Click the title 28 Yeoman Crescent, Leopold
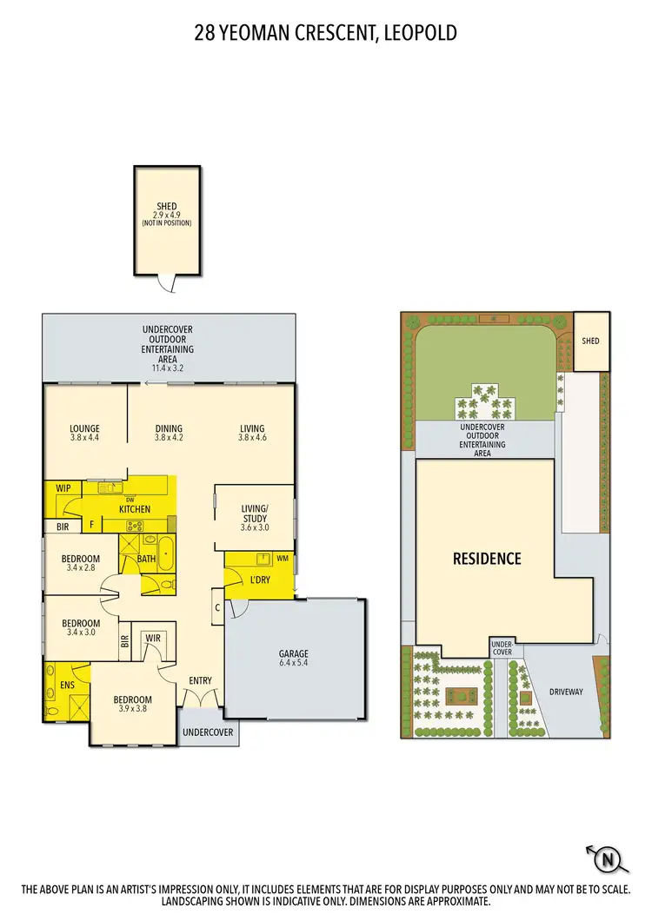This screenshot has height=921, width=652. (x=326, y=33)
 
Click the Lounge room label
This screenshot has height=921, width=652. (x=85, y=433)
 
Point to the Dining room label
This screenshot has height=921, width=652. (x=169, y=433)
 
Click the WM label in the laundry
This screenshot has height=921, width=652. (x=282, y=558)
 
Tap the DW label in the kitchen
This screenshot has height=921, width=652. (x=130, y=500)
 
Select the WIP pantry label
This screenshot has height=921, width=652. (x=63, y=488)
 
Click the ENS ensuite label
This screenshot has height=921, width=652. (x=67, y=685)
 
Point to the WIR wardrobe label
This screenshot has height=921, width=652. (x=153, y=639)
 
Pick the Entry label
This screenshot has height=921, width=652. (x=200, y=680)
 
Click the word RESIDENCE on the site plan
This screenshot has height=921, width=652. (x=487, y=559)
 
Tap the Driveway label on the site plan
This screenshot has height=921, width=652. (x=565, y=692)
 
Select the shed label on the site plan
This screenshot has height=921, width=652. (x=590, y=341)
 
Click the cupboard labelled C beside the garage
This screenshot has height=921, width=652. (x=217, y=607)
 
